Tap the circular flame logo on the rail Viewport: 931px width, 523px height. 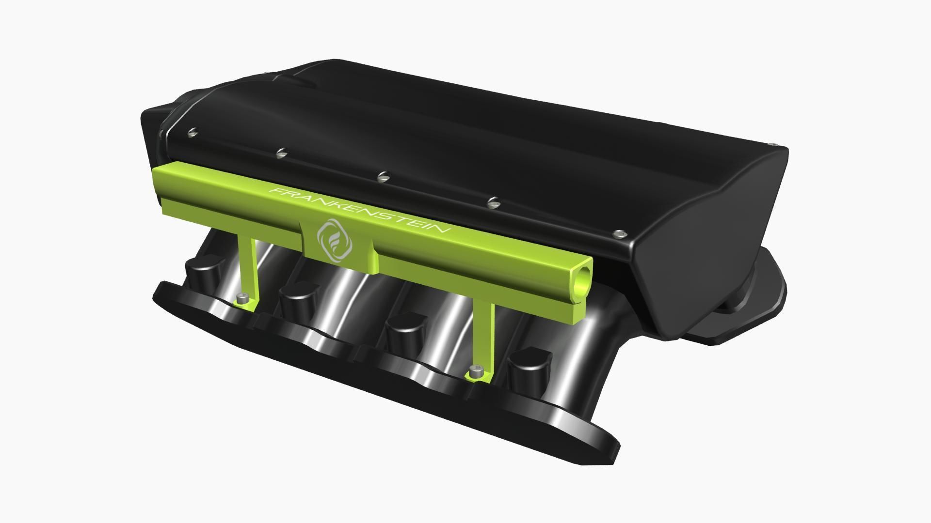(x=335, y=240)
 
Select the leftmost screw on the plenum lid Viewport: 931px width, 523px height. (x=193, y=131)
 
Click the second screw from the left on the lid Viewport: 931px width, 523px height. (x=281, y=153)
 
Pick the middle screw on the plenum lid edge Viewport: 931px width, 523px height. (x=383, y=176)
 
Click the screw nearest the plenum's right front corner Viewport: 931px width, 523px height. (x=618, y=234)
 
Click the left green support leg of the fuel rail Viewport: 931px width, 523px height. (x=248, y=266)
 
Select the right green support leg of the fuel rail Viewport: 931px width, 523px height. (x=485, y=334)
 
